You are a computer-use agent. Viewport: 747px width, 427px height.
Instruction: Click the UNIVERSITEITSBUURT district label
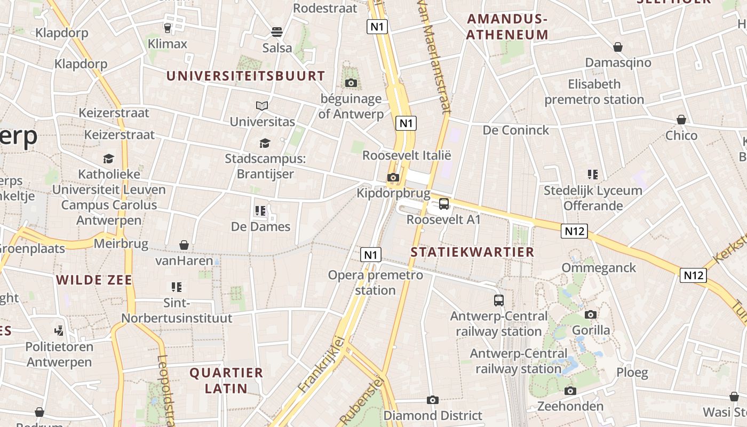pyautogui.click(x=245, y=76)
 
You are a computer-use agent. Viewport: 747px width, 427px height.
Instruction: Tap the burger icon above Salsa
pyautogui.click(x=276, y=32)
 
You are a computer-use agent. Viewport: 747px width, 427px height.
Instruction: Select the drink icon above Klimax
pyautogui.click(x=168, y=28)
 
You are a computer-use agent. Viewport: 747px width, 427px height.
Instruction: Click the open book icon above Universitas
pyautogui.click(x=261, y=106)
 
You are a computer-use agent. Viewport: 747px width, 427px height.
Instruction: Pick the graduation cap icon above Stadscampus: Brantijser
pyautogui.click(x=265, y=143)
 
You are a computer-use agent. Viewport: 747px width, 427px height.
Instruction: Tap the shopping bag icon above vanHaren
pyautogui.click(x=184, y=245)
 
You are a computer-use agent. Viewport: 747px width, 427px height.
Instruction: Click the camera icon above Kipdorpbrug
pyautogui.click(x=393, y=177)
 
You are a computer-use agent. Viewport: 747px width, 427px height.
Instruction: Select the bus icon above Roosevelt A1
pyautogui.click(x=443, y=204)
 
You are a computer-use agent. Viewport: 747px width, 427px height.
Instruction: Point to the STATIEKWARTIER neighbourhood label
pyautogui.click(x=472, y=252)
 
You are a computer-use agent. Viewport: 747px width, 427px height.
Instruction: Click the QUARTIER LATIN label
pyautogui.click(x=226, y=380)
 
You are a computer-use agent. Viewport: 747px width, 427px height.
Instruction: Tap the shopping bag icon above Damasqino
pyautogui.click(x=618, y=47)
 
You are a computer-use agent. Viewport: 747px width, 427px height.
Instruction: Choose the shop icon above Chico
pyautogui.click(x=681, y=120)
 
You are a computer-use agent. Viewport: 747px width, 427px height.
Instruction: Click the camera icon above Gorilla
pyautogui.click(x=591, y=314)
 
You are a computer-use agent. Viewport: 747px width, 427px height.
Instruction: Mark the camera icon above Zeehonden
pyautogui.click(x=570, y=391)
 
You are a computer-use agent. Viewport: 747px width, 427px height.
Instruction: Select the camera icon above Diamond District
pyautogui.click(x=433, y=400)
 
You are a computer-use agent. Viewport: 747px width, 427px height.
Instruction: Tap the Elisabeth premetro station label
pyautogui.click(x=594, y=92)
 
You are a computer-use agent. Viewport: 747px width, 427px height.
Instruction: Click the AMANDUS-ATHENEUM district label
pyautogui.click(x=507, y=27)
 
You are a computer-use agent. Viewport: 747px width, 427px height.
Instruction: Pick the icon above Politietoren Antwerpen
pyautogui.click(x=59, y=331)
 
